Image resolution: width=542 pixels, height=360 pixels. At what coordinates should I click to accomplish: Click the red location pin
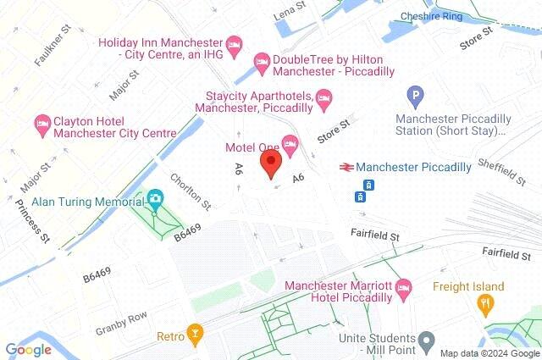click(271, 163)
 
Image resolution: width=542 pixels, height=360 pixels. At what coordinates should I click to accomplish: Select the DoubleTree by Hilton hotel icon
click(262, 60)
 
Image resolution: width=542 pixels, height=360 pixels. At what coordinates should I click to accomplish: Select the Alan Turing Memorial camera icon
click(155, 200)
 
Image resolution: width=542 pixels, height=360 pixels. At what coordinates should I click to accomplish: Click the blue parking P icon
click(414, 97)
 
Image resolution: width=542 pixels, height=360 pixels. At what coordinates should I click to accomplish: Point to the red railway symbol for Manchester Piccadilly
click(346, 167)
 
